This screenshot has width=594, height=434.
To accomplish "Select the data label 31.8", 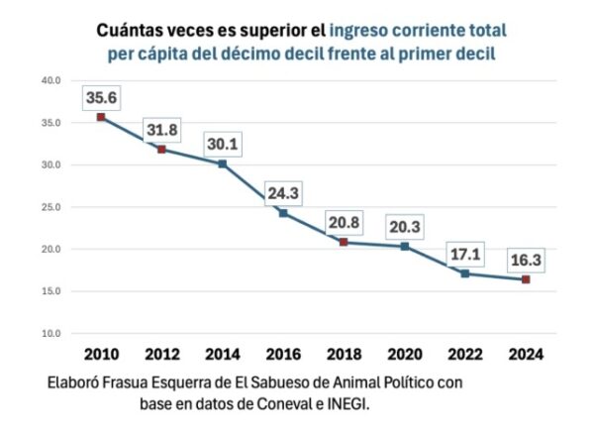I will [162, 131].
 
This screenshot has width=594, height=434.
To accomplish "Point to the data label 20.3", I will [405, 228].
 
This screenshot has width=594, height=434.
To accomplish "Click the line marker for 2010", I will [101, 117].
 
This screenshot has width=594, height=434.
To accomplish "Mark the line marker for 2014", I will [223, 163].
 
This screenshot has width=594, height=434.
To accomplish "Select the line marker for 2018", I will [345, 242].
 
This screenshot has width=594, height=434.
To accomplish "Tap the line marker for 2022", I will [465, 273].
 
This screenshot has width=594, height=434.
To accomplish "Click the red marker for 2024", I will [526, 279].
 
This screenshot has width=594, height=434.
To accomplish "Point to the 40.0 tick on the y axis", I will [49, 80].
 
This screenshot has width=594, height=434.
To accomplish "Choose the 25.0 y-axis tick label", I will [49, 207].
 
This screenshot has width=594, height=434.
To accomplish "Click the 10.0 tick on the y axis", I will [49, 333].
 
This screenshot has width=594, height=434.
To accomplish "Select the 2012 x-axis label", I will [162, 354].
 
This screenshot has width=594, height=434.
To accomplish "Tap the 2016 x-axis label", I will [284, 354].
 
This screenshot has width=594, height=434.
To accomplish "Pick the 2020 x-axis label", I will [405, 354].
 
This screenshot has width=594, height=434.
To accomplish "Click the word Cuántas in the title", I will [132, 31].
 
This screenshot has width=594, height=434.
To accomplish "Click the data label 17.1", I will [465, 255].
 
